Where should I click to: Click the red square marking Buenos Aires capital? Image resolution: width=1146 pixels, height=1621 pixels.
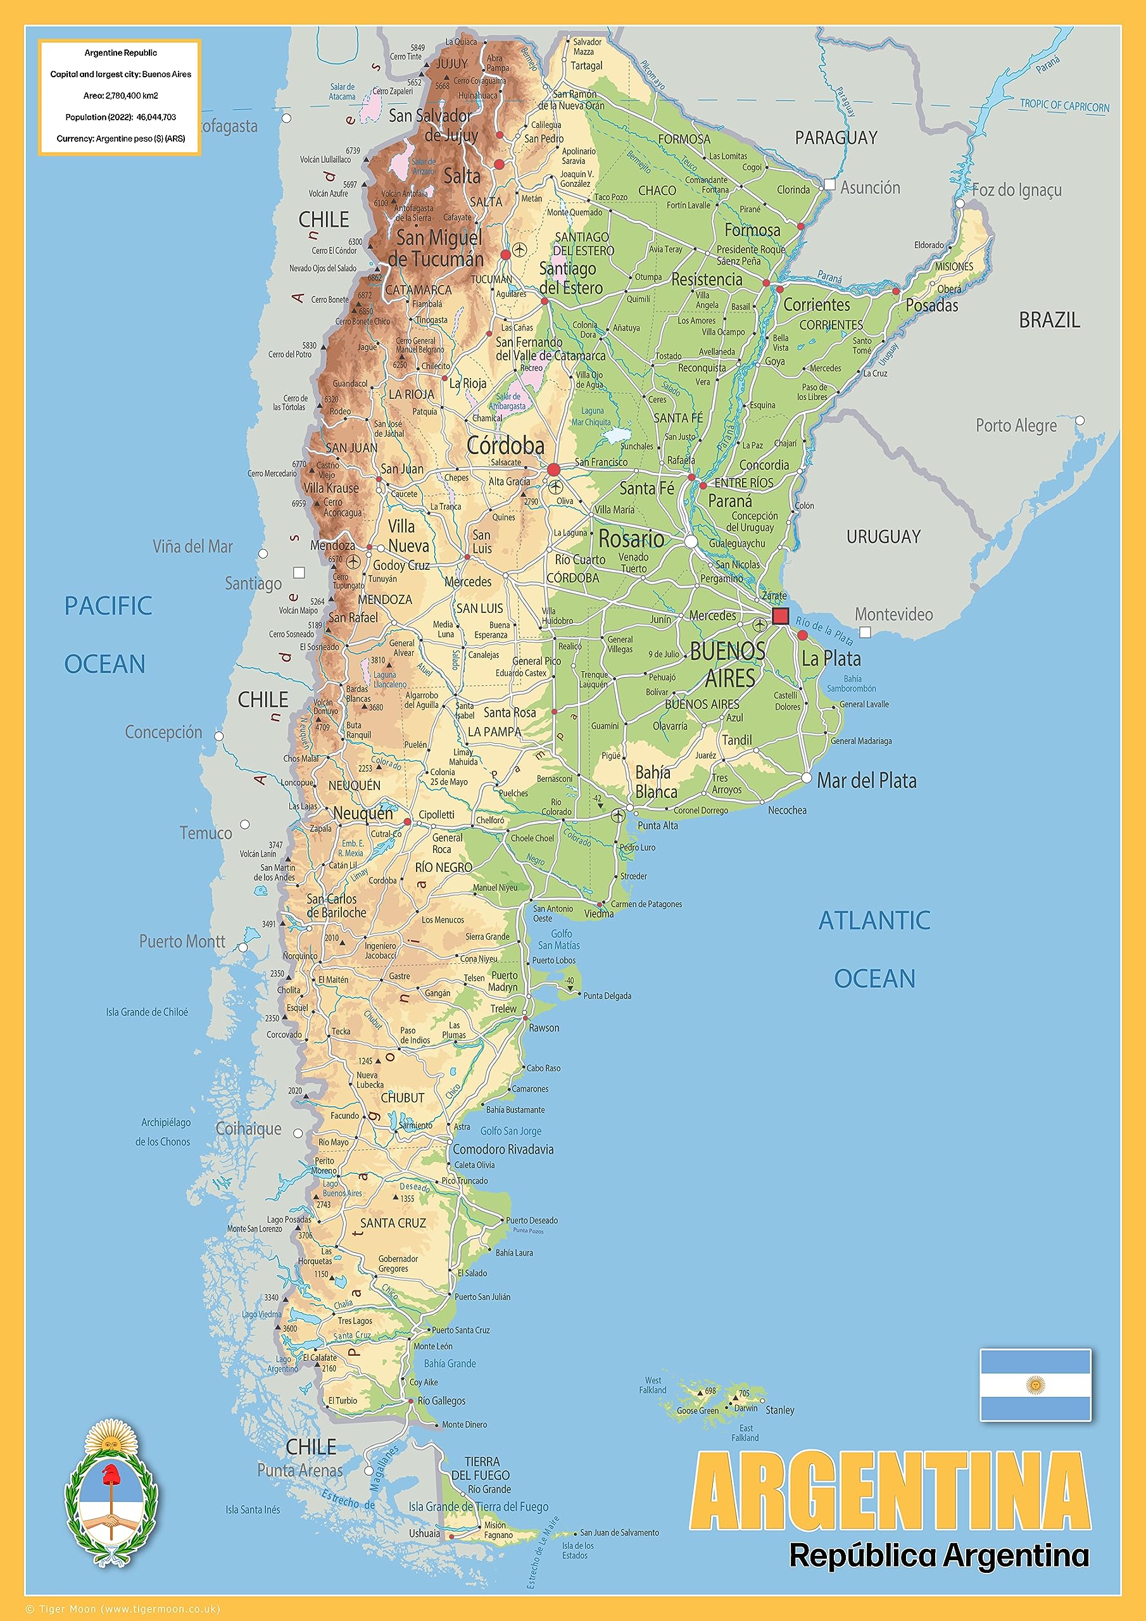(x=780, y=615)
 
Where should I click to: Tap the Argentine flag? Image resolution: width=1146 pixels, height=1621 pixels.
(x=1035, y=1384)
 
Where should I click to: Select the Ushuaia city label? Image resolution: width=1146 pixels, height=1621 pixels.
(x=424, y=1533)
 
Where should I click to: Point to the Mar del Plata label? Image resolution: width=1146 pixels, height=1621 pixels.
(x=866, y=780)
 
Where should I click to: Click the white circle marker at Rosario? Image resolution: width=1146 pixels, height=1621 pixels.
(x=691, y=541)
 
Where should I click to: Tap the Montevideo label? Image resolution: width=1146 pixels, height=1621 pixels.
(x=893, y=614)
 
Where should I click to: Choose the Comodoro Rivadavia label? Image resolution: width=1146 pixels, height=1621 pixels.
(x=503, y=1149)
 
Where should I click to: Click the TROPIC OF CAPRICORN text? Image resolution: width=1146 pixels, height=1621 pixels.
(x=1064, y=106)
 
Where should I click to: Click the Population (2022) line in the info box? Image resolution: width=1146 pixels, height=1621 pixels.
(x=121, y=117)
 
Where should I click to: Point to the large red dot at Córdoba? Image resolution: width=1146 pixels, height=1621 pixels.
(x=553, y=469)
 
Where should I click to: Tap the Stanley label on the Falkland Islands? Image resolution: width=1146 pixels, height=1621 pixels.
(x=779, y=1410)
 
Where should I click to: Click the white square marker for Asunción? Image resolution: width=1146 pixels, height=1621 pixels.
(x=829, y=184)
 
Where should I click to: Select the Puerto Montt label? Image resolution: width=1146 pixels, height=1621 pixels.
(x=182, y=941)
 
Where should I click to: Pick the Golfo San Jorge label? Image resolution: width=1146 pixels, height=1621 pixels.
(x=510, y=1130)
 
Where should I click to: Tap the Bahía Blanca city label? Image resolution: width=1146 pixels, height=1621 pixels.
(x=655, y=781)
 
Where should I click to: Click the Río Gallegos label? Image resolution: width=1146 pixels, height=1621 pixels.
(x=441, y=1400)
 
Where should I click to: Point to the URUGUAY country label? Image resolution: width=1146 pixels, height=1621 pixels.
(x=883, y=536)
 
